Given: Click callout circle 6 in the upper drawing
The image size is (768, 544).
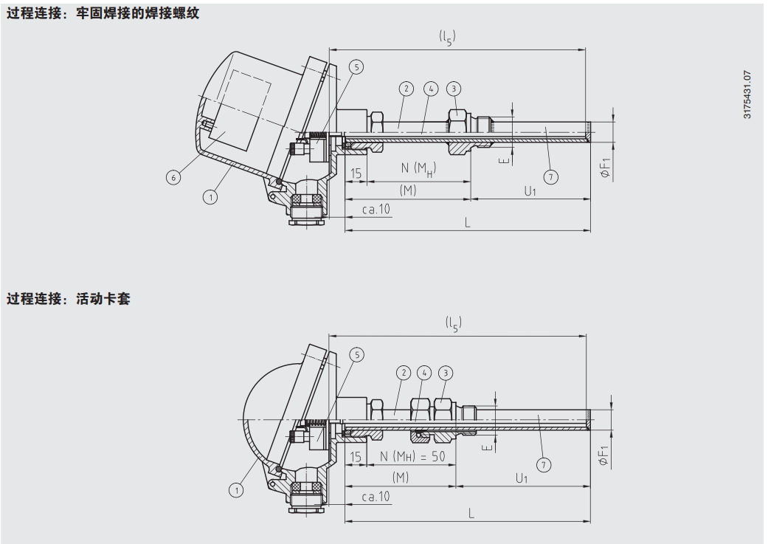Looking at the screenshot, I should [173, 178].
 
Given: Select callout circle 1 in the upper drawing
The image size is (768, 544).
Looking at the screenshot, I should [211, 197].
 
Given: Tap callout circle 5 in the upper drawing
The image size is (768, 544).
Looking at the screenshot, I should [356, 67].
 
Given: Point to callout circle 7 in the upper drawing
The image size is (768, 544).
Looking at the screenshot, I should [550, 176].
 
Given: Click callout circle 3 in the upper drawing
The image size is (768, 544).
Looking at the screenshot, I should [454, 89].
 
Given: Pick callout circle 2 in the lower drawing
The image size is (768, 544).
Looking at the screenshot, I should [403, 373].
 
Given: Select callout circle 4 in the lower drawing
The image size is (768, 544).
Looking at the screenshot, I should [424, 373].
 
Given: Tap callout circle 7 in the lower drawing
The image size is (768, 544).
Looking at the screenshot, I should [544, 465].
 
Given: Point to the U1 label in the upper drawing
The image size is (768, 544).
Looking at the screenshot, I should [530, 190].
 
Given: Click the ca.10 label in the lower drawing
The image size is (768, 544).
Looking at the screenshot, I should [376, 497].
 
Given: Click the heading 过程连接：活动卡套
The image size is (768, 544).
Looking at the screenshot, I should [69, 299].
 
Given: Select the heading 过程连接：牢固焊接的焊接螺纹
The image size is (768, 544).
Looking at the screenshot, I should [103, 14].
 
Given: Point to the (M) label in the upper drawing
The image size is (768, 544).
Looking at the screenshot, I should [408, 190].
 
